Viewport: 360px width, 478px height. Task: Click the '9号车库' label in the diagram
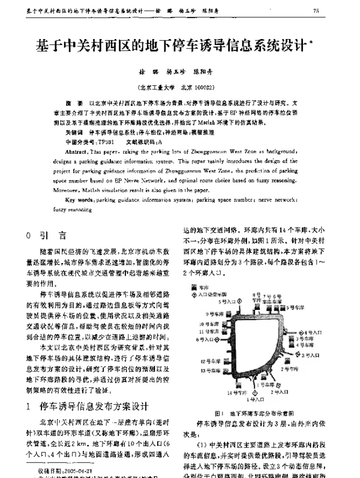pyautogui.click(x=215, y=314)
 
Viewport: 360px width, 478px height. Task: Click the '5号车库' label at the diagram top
pyautogui.click(x=293, y=307)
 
